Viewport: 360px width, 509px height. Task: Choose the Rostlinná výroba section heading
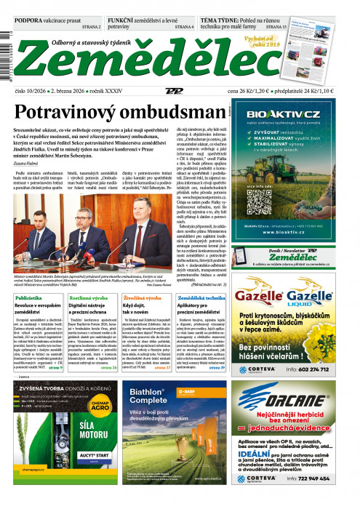point(92,298)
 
